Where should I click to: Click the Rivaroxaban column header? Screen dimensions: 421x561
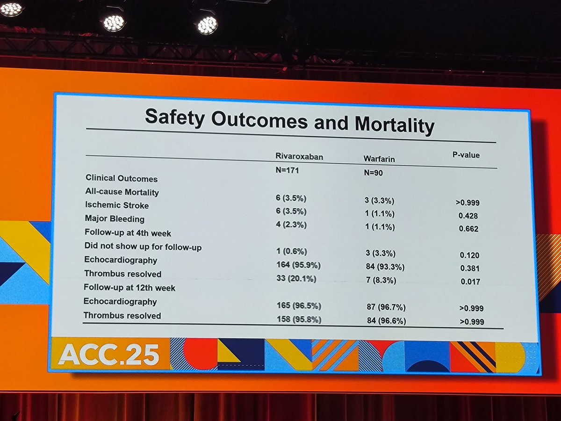tap(299, 157)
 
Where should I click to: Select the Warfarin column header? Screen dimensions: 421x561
tap(379, 159)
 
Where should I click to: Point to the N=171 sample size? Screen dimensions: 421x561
tap(287, 171)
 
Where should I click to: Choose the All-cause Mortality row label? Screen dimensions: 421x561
tap(122, 192)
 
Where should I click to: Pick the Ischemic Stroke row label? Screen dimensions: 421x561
tap(117, 205)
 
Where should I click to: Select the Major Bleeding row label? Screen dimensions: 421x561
tap(115, 218)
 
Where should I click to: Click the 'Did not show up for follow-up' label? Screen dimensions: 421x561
tap(143, 246)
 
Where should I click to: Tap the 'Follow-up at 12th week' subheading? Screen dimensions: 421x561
tap(129, 288)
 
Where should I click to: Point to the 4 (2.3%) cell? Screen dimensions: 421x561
tap(291, 225)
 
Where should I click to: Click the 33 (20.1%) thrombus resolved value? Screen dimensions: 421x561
tap(296, 279)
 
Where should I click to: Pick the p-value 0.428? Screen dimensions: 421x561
tap(469, 216)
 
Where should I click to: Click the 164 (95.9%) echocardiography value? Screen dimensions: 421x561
tap(299, 265)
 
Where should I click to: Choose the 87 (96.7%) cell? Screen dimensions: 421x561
tap(386, 307)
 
